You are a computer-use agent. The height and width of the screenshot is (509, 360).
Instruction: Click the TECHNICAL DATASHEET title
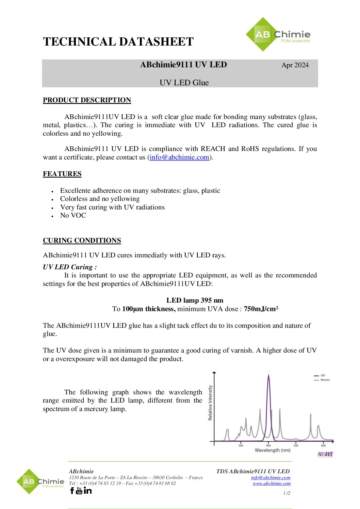[118, 42]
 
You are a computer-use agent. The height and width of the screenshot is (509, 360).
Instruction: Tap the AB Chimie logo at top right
[278, 35]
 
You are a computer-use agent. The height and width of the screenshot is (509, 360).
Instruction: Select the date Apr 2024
[295, 65]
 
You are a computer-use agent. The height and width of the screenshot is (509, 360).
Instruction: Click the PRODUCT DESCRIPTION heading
[87, 100]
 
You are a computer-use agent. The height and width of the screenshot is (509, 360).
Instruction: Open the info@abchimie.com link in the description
[179, 157]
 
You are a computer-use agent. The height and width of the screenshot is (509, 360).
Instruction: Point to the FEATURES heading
[62, 174]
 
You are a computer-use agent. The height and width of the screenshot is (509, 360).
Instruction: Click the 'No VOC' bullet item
[73, 215]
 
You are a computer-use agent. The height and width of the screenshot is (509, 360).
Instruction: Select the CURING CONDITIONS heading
[82, 240]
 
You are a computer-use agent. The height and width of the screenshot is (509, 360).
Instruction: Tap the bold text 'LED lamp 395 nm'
[195, 300]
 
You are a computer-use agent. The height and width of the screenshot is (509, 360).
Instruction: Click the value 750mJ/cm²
[261, 309]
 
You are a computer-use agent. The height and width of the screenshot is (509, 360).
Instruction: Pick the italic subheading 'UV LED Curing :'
[70, 267]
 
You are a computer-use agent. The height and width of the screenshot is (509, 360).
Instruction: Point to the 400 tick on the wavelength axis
[268, 445]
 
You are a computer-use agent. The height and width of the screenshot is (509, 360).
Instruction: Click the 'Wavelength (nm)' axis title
[273, 450]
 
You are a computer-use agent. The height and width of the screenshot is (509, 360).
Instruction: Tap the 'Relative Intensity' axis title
[210, 403]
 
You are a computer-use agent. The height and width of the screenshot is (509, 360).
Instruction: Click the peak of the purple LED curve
[268, 375]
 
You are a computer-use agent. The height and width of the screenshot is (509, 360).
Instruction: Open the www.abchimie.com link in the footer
[272, 483]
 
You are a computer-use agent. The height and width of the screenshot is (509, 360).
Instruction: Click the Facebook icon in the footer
[72, 490]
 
